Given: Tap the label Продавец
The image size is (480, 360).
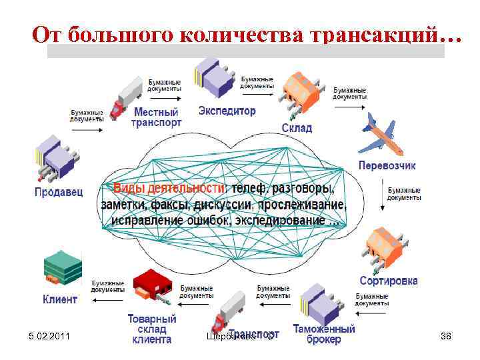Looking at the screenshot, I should pos(59,192).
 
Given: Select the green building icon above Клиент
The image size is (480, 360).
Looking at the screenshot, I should pos(63,268).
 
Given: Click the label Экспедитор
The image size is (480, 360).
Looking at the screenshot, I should pos(227,111).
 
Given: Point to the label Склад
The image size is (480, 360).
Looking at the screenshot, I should pos(297,128).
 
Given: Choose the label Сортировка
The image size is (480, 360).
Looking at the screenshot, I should pos(388,281).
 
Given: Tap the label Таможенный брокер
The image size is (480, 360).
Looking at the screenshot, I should pos(323,334).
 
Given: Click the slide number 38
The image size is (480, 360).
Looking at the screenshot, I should pos(446,336).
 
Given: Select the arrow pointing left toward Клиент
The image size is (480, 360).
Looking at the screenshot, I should pos(107,300).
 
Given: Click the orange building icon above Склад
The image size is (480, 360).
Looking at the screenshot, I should pos(303,93).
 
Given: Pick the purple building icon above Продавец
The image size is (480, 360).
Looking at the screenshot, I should pos(55,157).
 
